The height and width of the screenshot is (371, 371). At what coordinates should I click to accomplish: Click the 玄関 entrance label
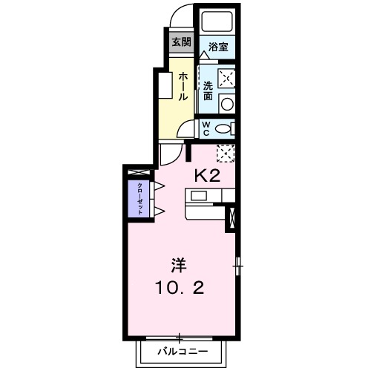click(x=180, y=42)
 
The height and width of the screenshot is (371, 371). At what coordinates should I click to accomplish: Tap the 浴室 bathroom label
click(x=217, y=47)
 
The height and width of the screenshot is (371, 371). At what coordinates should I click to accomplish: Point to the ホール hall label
click(x=181, y=87)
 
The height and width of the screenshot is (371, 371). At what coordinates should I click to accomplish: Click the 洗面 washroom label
click(x=209, y=91)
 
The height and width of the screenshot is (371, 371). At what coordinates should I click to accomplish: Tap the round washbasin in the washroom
click(x=228, y=103)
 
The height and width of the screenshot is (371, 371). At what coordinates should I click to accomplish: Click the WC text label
click(x=208, y=128)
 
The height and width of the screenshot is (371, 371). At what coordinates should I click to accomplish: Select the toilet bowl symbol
click(x=224, y=128)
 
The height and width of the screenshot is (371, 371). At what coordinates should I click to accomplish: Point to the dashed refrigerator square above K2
click(x=226, y=152)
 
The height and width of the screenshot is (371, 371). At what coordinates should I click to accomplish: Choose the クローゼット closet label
click(x=139, y=197)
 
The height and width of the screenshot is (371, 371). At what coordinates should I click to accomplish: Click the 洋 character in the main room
click(x=179, y=264)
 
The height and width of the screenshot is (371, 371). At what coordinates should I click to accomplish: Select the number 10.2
click(x=179, y=286)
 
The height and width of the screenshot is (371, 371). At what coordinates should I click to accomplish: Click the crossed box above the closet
click(x=139, y=173)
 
